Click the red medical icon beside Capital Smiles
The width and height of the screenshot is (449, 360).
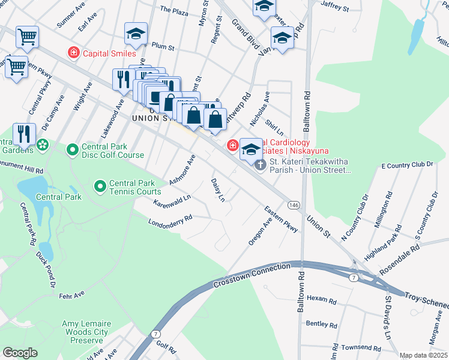coord(74,53)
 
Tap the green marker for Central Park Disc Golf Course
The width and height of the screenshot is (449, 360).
coord(73,149)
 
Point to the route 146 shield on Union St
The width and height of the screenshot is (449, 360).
coord(293,205)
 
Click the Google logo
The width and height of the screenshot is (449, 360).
coord(20,352)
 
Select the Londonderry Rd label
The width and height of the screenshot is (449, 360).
coord(170,221)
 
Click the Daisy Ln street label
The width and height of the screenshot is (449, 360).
coord(218,189)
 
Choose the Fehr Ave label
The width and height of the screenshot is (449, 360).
coord(72,296)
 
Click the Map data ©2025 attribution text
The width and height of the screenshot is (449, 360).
coord(423,355)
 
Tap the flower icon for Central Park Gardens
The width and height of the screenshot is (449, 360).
coord(42,145)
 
